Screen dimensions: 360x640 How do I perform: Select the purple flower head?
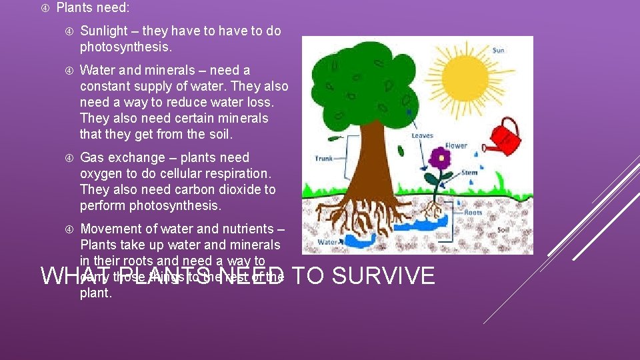(439, 159)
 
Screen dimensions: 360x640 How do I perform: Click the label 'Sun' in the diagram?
(498, 50)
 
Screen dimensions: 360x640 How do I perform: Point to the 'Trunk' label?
(323, 159)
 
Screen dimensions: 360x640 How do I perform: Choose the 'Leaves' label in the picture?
(422, 135)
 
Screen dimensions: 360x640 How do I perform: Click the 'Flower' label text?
(456, 146)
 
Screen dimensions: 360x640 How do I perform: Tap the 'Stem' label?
(469, 173)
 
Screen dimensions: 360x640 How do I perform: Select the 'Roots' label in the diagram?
(473, 213)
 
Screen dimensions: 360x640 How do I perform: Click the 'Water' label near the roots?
(327, 242)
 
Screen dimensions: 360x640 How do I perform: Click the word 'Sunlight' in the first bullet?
(105, 31)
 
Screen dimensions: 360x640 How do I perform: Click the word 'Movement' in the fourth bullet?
(109, 228)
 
